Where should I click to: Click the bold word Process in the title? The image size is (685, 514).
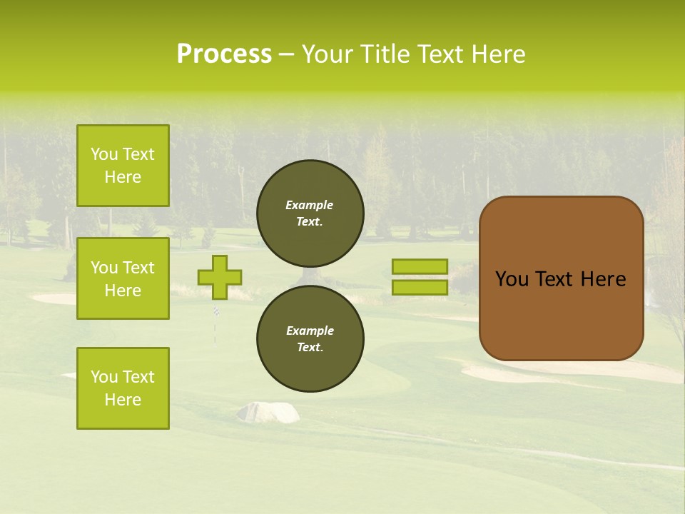tap(224, 54)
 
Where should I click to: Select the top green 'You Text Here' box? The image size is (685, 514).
tap(123, 166)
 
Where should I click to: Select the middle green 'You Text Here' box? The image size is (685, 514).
tap(123, 278)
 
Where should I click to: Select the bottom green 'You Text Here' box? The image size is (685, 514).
tap(123, 388)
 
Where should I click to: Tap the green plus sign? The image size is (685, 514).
tap(220, 277)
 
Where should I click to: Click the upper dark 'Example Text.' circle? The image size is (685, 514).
tap(310, 213)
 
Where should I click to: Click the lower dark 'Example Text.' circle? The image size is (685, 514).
tap(310, 338)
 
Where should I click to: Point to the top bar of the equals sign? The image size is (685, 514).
tap(420, 266)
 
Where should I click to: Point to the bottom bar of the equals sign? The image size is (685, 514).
tap(420, 287)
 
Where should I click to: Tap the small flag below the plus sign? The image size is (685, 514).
tap(216, 311)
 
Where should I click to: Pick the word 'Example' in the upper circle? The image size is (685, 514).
tap(310, 205)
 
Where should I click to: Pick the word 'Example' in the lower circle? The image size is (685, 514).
tap(310, 331)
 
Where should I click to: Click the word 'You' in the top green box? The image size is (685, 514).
tap(104, 154)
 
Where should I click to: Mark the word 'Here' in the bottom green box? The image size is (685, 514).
tap(123, 400)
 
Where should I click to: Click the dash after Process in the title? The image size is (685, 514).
tap(286, 54)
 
